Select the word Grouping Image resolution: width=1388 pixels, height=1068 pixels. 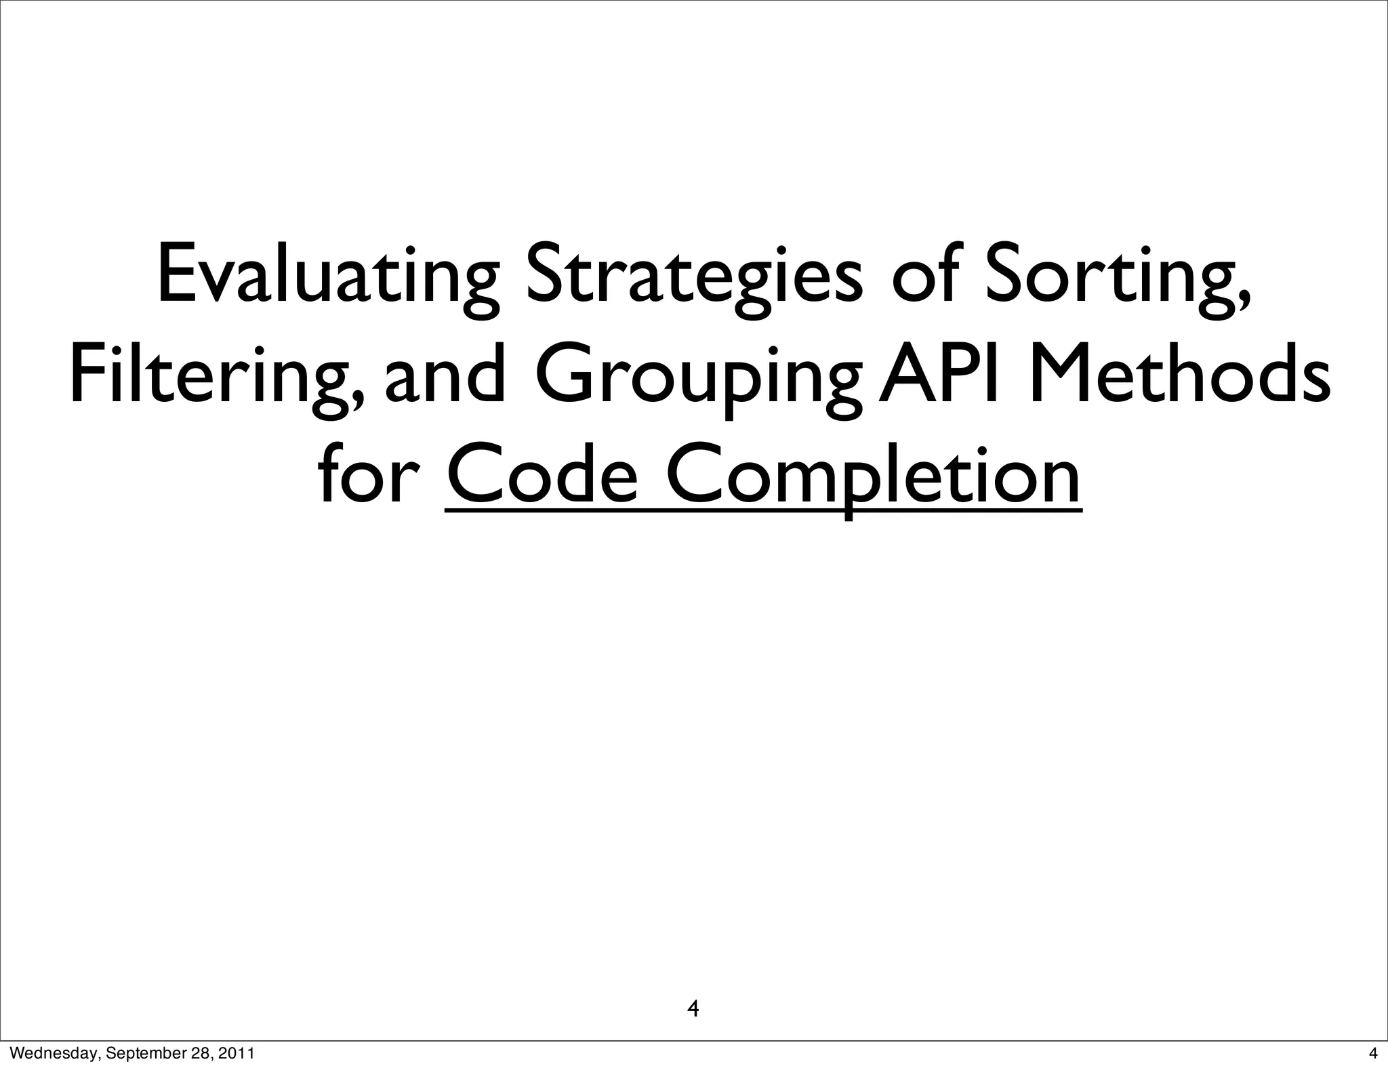pyautogui.click(x=699, y=379)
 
